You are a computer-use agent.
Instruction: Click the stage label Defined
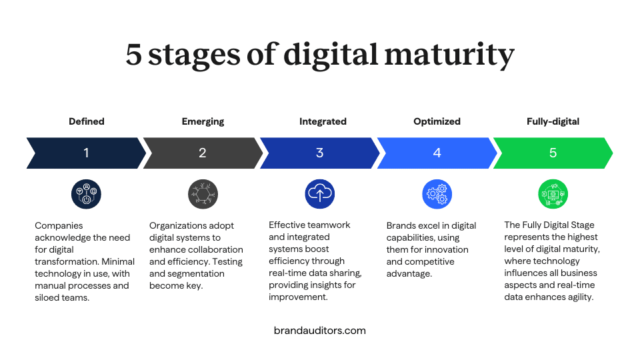[87, 121]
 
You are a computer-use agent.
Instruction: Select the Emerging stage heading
[203, 121]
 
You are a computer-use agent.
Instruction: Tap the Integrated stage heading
[323, 121]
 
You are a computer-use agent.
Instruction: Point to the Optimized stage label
[437, 121]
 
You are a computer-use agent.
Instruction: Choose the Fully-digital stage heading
[553, 121]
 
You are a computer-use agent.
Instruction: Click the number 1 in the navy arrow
[86, 153]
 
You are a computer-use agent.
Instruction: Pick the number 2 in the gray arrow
[203, 153]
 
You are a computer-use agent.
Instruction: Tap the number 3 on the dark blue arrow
[319, 153]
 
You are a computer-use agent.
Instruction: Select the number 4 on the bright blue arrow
[437, 153]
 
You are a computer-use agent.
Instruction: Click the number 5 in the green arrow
[553, 153]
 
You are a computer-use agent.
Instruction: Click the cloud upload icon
[320, 194]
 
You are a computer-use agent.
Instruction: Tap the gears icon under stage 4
[437, 194]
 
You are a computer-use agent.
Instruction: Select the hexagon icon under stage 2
[203, 194]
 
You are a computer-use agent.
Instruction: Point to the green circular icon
[553, 194]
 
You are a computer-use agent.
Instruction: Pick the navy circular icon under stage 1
[86, 194]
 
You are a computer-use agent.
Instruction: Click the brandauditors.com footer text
[320, 331]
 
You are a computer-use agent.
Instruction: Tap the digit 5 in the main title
[133, 55]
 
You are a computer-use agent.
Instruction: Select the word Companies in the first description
[59, 226]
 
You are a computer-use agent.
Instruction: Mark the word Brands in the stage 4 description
[399, 226]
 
